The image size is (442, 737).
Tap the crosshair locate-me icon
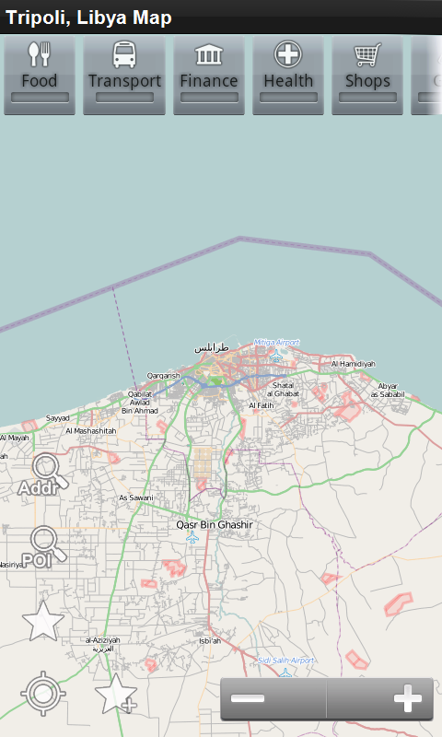(43, 694)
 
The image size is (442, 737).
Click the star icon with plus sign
(116, 694)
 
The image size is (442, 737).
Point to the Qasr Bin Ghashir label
(215, 525)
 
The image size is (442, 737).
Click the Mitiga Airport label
(276, 341)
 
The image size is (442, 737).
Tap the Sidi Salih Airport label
(285, 661)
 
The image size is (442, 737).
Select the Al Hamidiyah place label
(354, 364)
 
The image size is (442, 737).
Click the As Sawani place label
(135, 497)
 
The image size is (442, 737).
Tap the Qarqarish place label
(163, 376)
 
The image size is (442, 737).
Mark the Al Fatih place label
(262, 405)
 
